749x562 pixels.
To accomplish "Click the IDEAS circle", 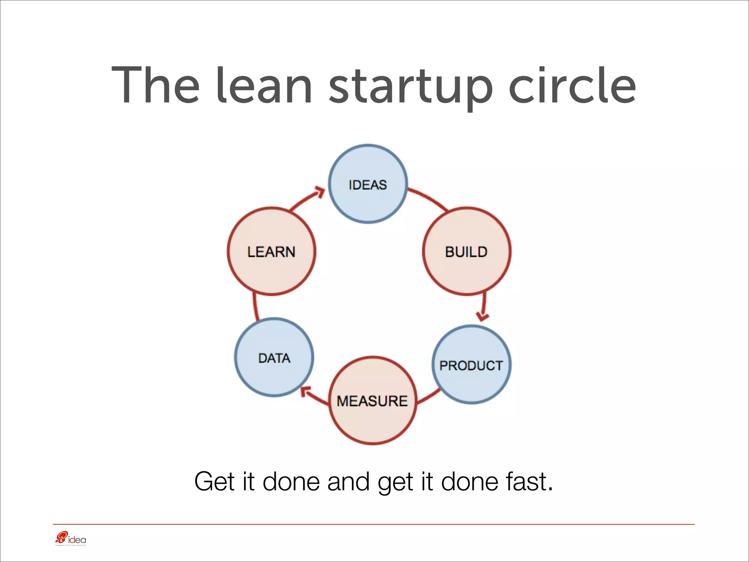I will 368,184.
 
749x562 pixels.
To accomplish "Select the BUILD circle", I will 467,251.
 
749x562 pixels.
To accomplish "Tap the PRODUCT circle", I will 471,365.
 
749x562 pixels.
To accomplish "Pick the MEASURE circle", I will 373,401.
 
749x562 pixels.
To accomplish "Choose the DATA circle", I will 274,357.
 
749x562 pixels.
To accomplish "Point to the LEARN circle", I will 271,251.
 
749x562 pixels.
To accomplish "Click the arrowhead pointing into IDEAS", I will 320,192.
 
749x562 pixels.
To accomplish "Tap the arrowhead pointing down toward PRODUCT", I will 482,316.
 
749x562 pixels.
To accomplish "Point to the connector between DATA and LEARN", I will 255,307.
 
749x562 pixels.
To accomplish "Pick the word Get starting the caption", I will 214,482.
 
